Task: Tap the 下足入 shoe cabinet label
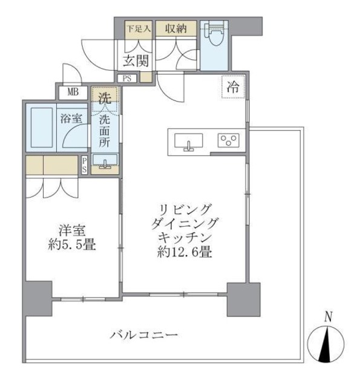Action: point(136,28)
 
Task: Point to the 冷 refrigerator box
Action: point(233,86)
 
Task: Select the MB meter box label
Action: point(73,93)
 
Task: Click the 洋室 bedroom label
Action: point(71,230)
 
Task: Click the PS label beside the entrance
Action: point(127,77)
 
